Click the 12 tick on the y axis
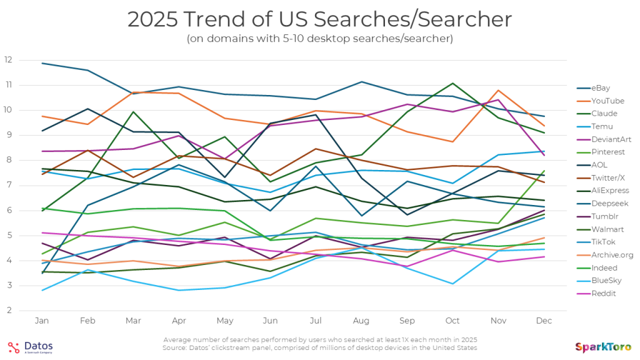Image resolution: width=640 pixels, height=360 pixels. point(8,60)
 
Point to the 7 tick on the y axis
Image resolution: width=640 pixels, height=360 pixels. point(8,186)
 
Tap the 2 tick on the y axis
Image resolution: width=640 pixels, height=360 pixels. point(8,311)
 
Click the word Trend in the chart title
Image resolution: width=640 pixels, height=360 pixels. point(209,19)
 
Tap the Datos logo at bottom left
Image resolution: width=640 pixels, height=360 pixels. point(31,347)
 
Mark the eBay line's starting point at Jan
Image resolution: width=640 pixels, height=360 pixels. point(42,63)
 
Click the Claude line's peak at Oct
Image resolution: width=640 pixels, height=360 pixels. point(453,83)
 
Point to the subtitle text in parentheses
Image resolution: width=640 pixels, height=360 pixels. point(319,39)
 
